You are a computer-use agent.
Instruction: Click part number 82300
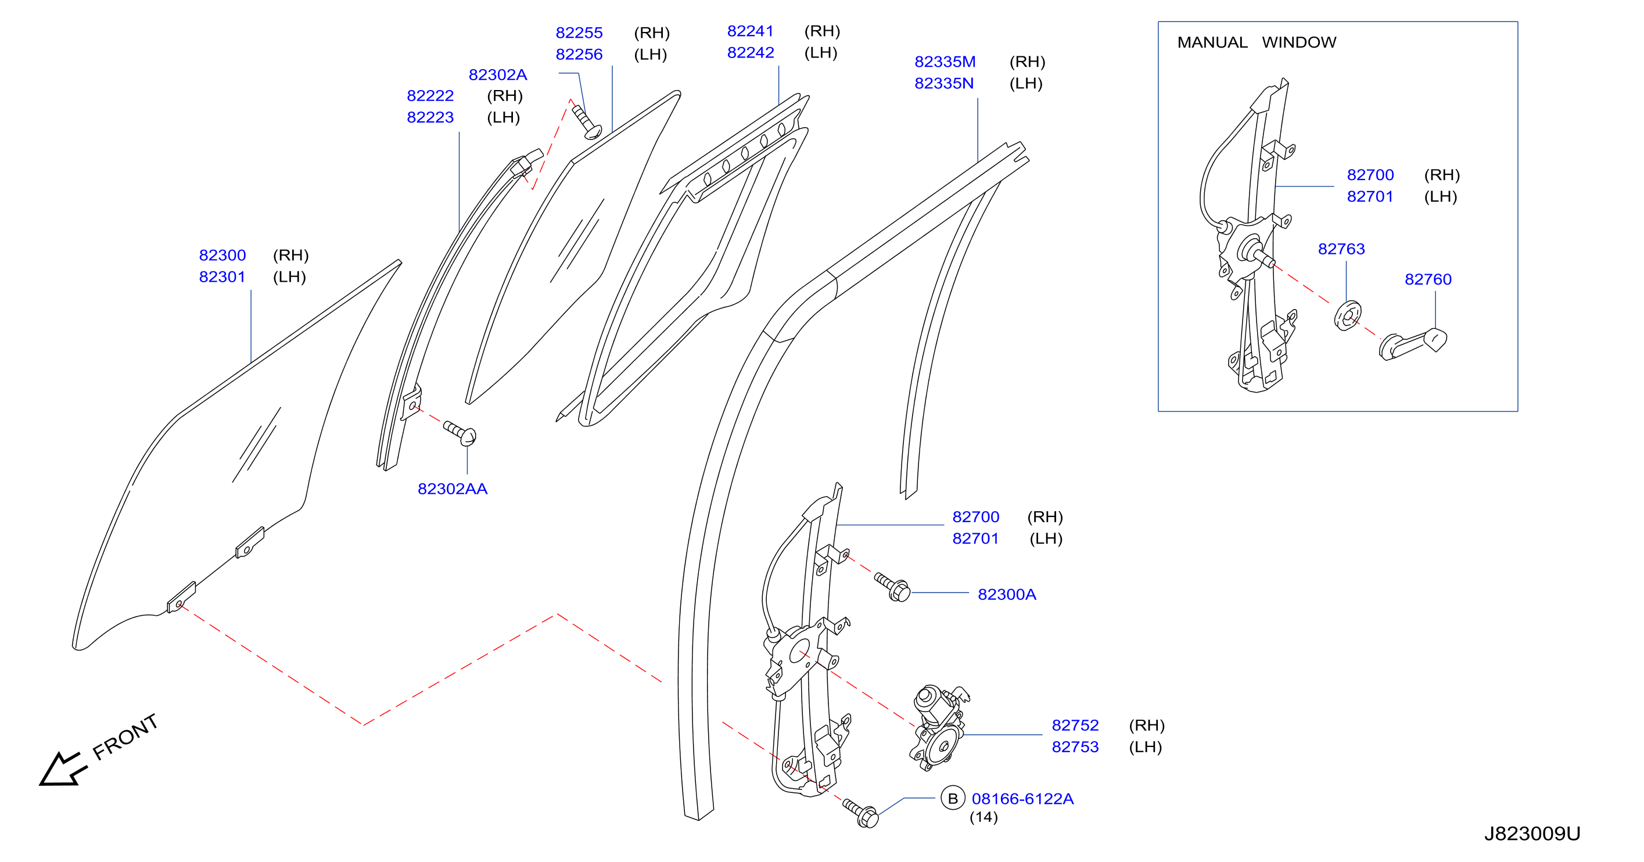click(222, 255)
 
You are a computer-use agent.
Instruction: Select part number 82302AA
click(453, 489)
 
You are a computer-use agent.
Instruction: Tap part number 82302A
click(498, 75)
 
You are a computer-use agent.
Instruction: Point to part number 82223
click(430, 117)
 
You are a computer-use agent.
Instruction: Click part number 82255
click(579, 33)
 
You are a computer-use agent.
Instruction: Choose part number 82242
click(751, 52)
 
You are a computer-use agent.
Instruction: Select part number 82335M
click(945, 62)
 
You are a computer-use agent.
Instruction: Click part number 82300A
click(1007, 595)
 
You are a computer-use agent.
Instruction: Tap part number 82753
click(1075, 747)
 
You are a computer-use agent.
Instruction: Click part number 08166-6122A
click(1022, 799)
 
